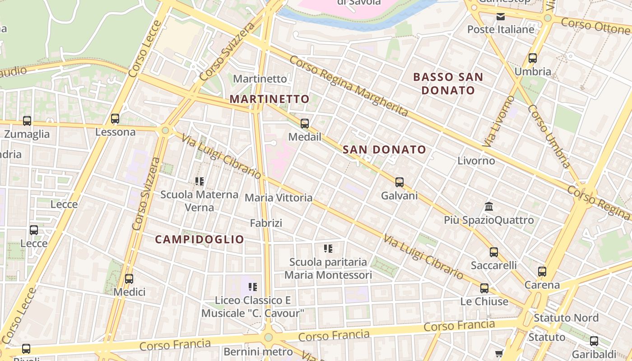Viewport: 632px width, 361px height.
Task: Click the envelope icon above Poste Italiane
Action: coord(501,17)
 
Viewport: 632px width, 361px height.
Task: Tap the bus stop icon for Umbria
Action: coord(533,58)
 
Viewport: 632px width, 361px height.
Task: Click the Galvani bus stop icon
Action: coord(400,182)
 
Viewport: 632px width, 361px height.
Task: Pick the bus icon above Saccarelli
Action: coord(494,252)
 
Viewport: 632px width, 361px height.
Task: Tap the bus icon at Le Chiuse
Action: coord(484,288)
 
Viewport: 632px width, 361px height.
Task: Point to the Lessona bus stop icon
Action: coord(115,119)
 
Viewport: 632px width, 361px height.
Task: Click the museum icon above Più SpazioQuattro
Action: coord(488,207)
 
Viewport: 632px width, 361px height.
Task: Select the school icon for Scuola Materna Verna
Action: coord(200,181)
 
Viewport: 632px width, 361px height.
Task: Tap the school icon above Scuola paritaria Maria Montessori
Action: coord(328,249)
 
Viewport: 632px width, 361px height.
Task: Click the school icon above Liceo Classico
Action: coord(253,287)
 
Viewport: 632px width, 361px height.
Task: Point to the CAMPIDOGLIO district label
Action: coord(200,240)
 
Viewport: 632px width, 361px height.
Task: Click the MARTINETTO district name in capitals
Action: coord(270,99)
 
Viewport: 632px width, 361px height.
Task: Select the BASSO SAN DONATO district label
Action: coord(448,83)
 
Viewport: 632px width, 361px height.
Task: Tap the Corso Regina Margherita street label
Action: coord(349,85)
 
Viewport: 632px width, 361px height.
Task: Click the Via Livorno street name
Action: coord(498,121)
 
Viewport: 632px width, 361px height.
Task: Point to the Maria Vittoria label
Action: coord(279,198)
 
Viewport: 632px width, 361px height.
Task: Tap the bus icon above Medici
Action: coord(129,279)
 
